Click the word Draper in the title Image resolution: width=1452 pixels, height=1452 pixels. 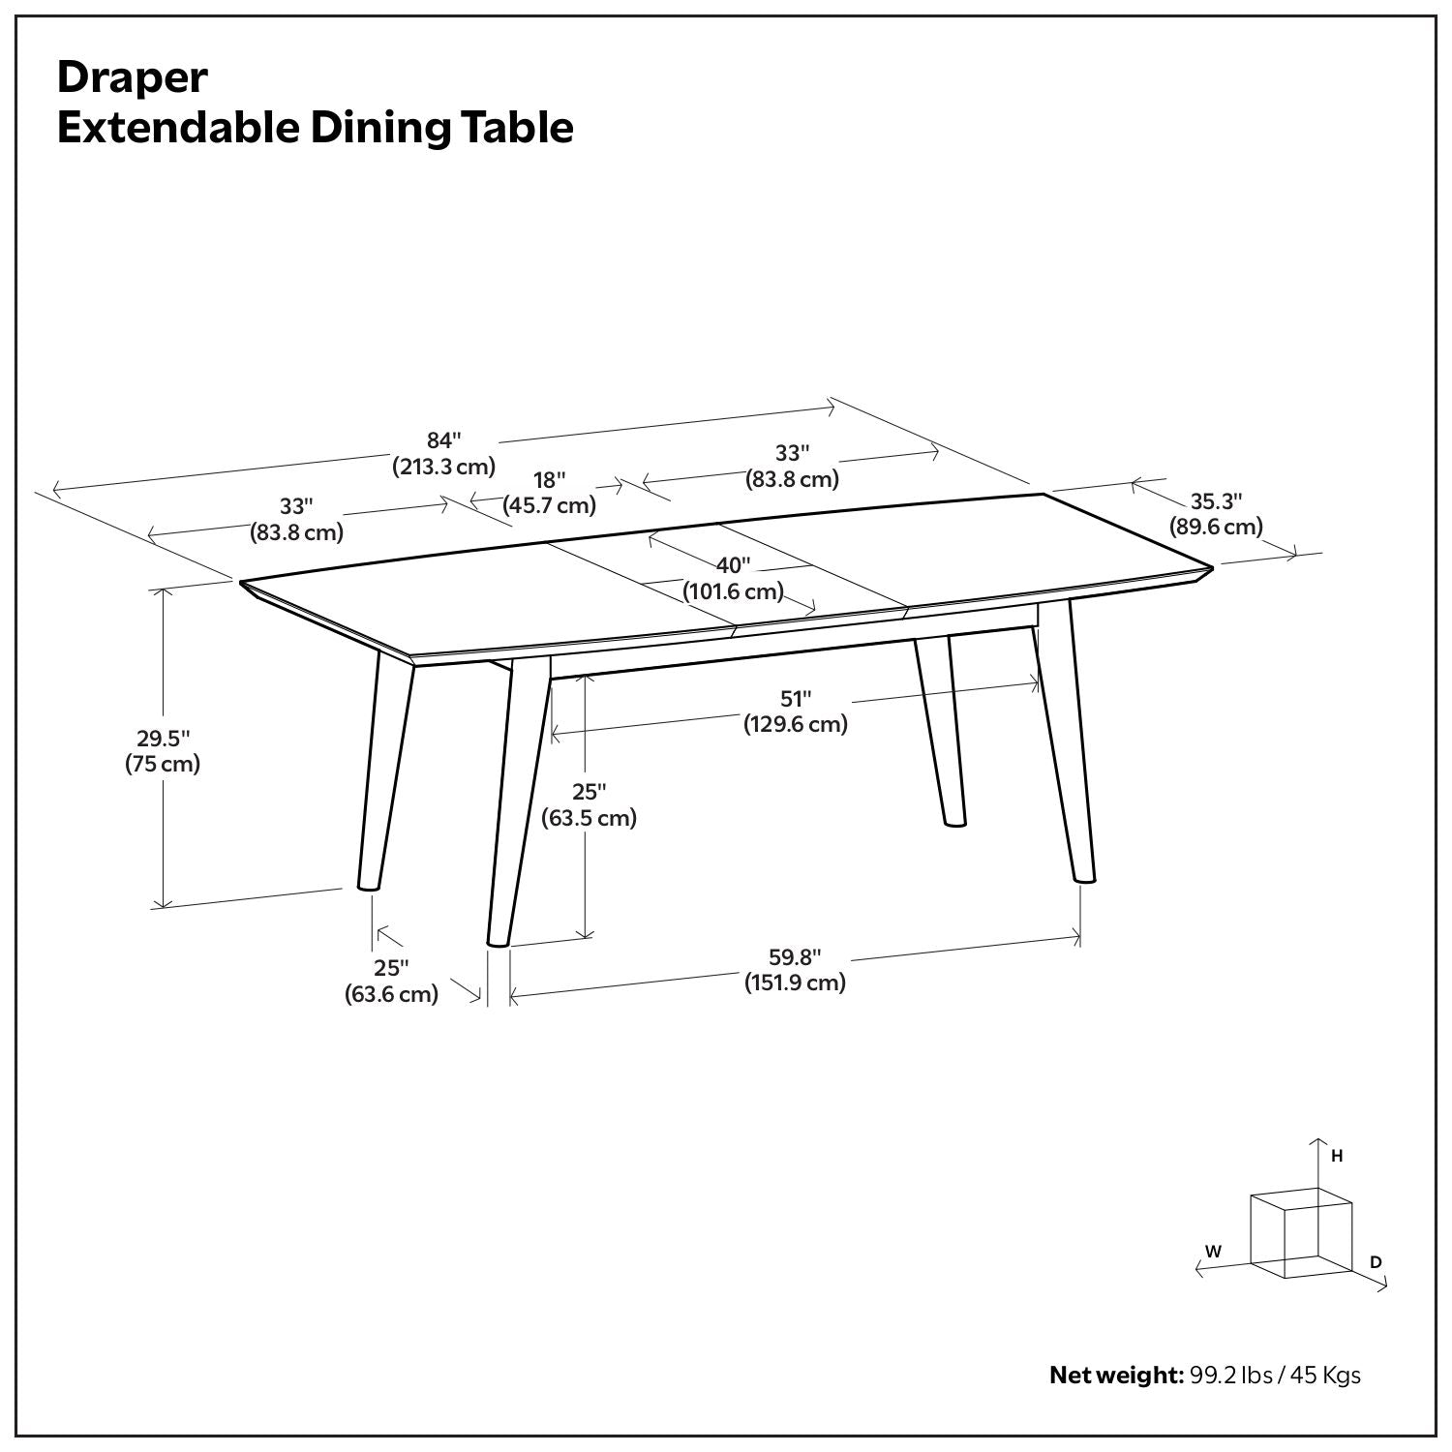point(133,77)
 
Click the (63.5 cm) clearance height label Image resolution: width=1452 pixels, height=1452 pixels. point(589,818)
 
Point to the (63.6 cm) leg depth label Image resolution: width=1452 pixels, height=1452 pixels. point(392,993)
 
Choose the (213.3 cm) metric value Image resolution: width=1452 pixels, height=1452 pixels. point(443,467)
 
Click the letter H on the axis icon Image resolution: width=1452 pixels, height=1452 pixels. point(1337,1156)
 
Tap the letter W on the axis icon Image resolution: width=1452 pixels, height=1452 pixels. point(1213,1251)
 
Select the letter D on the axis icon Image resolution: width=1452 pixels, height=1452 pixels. point(1376,1261)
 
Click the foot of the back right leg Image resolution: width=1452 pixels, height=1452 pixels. point(954,823)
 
